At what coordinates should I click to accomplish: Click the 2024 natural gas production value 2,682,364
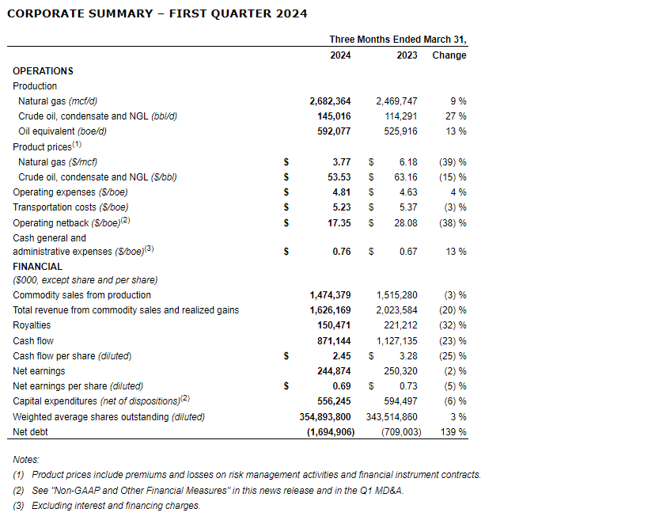330,101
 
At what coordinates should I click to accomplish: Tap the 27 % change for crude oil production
457,116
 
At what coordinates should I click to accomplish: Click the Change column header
449,55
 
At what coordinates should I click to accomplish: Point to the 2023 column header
407,55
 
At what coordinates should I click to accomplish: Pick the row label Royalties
32,325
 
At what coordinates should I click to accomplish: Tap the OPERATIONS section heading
43,71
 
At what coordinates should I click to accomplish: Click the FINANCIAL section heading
37,267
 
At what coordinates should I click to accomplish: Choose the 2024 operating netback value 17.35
338,223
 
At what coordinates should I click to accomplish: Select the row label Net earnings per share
78,386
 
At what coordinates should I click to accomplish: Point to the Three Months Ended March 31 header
404,40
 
